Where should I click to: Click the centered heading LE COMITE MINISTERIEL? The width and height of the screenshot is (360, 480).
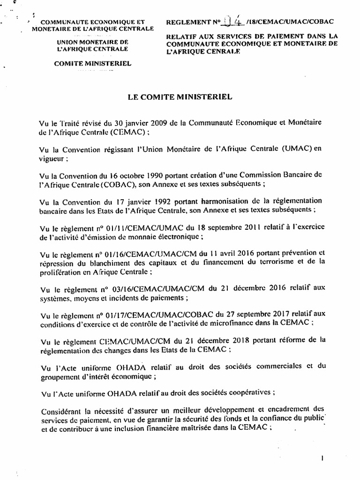pyautogui.click(x=180, y=97)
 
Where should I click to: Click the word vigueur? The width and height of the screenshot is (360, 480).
pyautogui.click(x=52, y=158)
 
